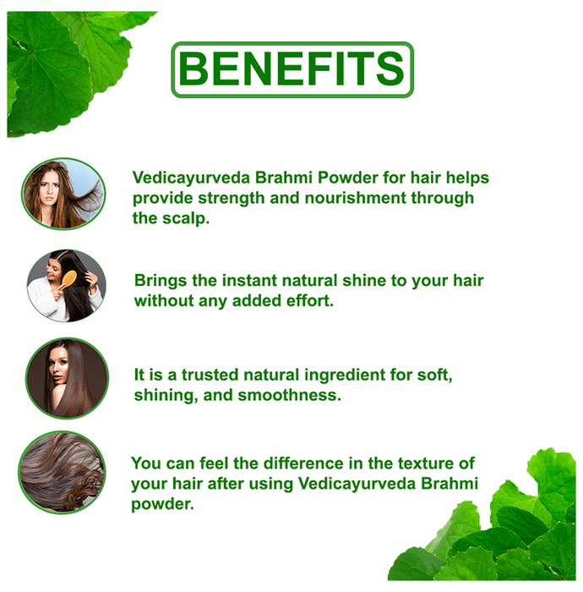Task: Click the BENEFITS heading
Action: [292, 69]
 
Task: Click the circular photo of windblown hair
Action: [63, 194]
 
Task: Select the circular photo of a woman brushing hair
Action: [67, 286]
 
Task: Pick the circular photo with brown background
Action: [67, 378]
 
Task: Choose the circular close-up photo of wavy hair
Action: [63, 472]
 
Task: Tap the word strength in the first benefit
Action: [231, 199]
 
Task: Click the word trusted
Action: [210, 375]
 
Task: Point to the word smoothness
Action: [289, 395]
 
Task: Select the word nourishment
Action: [356, 198]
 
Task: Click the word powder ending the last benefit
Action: [162, 504]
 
